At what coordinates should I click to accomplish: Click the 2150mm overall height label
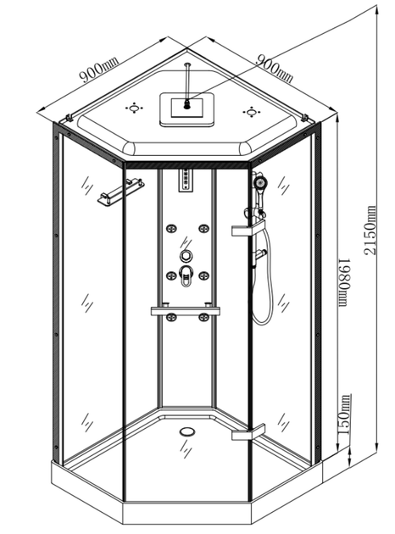tap(370, 230)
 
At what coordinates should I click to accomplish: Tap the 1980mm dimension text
tap(345, 282)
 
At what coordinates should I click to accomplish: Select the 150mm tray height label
tap(343, 414)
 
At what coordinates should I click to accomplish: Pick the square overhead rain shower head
tap(186, 108)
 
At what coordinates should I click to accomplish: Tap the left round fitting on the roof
tap(135, 108)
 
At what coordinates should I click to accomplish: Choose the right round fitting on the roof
tap(251, 112)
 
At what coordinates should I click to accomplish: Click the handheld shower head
tap(260, 184)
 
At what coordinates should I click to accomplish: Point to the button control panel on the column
tap(186, 181)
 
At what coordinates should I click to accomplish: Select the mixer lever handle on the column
tap(186, 275)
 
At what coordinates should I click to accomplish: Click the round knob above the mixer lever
tap(186, 255)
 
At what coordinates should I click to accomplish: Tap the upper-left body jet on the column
tap(170, 229)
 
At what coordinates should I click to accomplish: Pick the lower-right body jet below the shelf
tap(203, 317)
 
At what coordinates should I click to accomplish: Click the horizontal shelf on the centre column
tap(186, 310)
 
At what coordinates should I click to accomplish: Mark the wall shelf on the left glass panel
tap(120, 192)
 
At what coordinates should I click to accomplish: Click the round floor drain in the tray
tap(187, 431)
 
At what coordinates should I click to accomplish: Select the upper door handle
tap(248, 228)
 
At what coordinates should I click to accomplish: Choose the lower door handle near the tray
tap(248, 431)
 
